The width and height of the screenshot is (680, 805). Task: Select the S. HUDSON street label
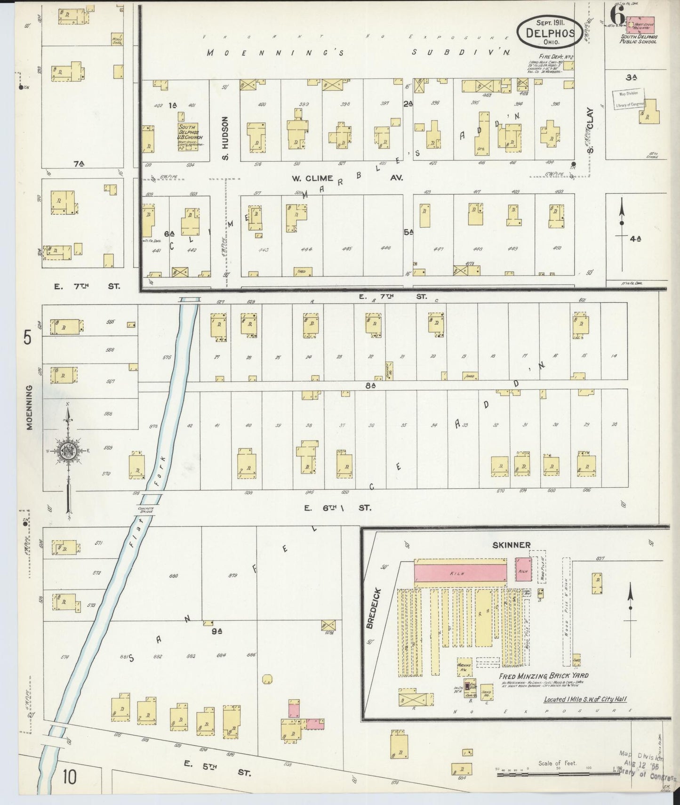coord(225,138)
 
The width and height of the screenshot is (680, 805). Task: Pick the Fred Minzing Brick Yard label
coord(544,676)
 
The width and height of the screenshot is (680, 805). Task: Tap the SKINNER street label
coord(511,545)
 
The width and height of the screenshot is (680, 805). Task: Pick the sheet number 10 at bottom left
coord(70,777)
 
